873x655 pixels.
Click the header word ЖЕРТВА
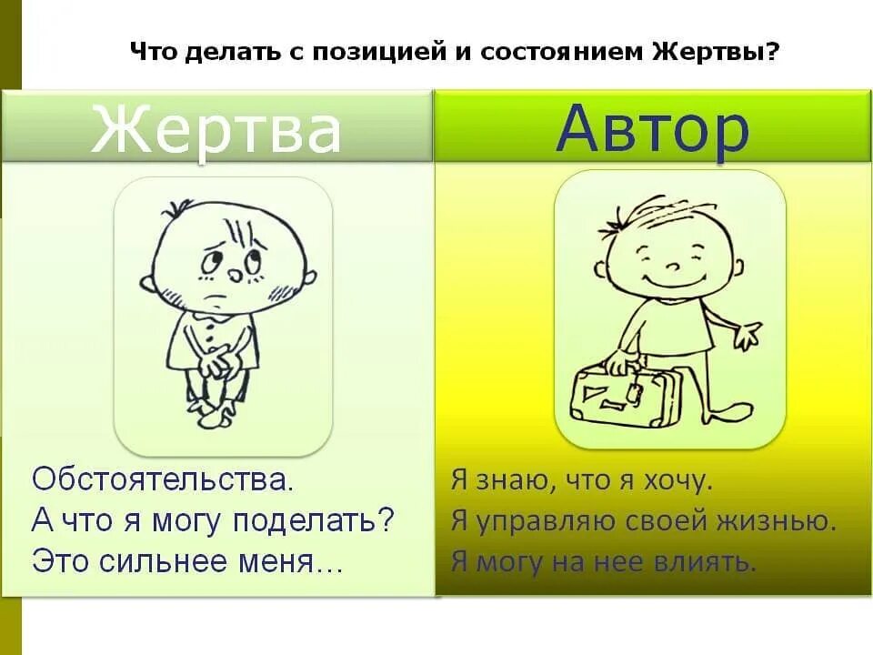click(x=216, y=130)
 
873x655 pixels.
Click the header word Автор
click(x=653, y=130)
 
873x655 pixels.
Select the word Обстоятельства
click(x=164, y=479)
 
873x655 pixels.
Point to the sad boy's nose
click(x=233, y=271)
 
